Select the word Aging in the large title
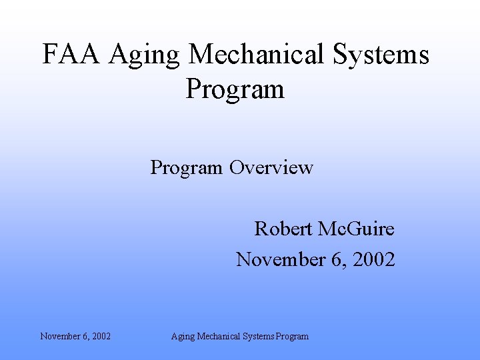pos(145,56)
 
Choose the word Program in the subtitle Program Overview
pos(187,167)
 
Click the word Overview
pos(271,167)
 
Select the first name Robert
pos(283,229)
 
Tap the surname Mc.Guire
pos(356,229)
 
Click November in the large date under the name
pos(279,259)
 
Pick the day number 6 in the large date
pos(336,259)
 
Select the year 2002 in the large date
pos(373,259)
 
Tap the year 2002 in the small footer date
pos(101,336)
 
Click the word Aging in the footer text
pos(183,337)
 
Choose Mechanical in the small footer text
pos(217,336)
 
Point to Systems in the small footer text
pos(259,336)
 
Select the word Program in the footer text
pos(293,337)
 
